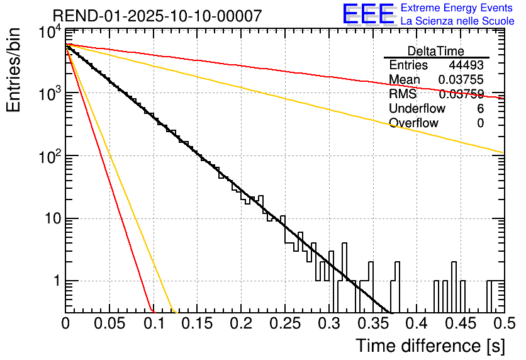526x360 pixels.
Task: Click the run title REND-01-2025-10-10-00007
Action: point(157,16)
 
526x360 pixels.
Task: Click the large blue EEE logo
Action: point(368,15)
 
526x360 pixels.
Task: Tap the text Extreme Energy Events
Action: point(457,8)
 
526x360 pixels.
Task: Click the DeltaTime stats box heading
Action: point(436,50)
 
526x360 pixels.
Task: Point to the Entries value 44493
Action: point(466,65)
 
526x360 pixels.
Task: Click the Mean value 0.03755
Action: point(461,80)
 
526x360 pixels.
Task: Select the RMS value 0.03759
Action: point(461,94)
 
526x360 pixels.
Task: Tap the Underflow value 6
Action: point(480,109)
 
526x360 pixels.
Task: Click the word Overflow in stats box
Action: point(413,123)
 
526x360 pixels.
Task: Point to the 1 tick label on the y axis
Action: point(54,281)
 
